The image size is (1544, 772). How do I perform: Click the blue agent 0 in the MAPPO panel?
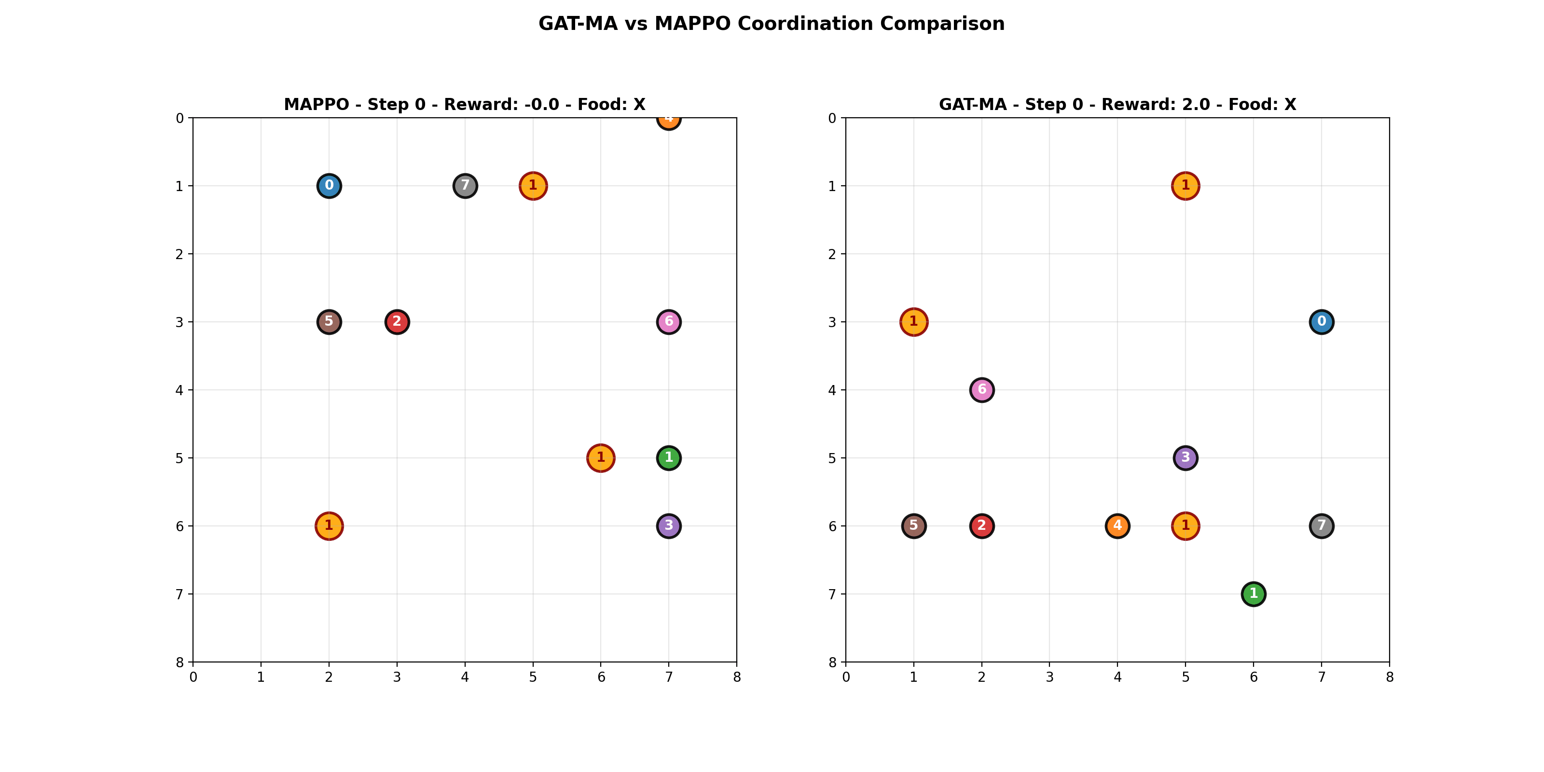tap(329, 186)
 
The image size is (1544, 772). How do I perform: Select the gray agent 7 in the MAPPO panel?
tap(465, 186)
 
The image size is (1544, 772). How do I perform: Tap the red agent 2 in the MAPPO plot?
tap(397, 322)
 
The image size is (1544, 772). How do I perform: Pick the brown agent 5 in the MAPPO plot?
tap(329, 322)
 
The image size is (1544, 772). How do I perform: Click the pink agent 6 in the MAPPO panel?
tap(668, 322)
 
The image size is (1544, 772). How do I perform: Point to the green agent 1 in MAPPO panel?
tap(668, 458)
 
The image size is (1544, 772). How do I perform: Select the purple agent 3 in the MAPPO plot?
tap(668, 525)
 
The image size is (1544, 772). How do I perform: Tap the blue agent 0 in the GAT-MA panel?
tap(1321, 322)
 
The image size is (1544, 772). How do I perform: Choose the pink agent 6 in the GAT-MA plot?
tap(981, 389)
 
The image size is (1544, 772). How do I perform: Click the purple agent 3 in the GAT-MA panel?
tap(1185, 458)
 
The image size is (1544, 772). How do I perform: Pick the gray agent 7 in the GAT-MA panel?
tap(1321, 525)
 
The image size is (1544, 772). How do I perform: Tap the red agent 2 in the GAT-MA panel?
tap(981, 525)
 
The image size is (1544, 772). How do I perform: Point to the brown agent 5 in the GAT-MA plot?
tap(913, 525)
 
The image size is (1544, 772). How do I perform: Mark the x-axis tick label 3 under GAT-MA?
tap(1049, 677)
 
